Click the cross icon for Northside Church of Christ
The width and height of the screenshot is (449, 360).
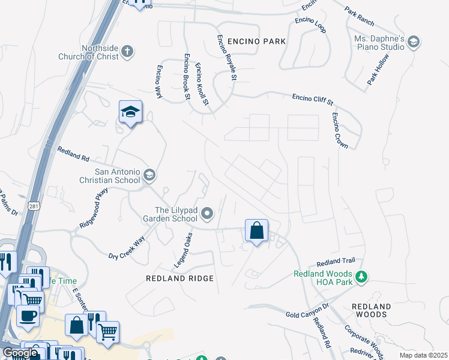[127, 52]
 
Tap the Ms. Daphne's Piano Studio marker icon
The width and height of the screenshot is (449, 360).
[413, 41]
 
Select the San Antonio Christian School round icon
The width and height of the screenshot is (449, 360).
[149, 175]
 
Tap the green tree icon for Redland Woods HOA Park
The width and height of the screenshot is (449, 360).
[361, 277]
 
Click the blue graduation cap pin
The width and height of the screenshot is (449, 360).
[130, 112]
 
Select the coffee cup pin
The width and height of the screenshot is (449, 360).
[28, 316]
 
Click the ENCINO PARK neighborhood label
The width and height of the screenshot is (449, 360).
[252, 41]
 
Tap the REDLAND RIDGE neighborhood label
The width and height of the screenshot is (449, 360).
[180, 278]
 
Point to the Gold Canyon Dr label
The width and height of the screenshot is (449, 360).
[308, 311]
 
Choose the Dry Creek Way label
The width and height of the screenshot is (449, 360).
[127, 248]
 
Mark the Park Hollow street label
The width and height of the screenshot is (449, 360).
[379, 71]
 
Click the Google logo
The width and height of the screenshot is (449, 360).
[20, 352]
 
